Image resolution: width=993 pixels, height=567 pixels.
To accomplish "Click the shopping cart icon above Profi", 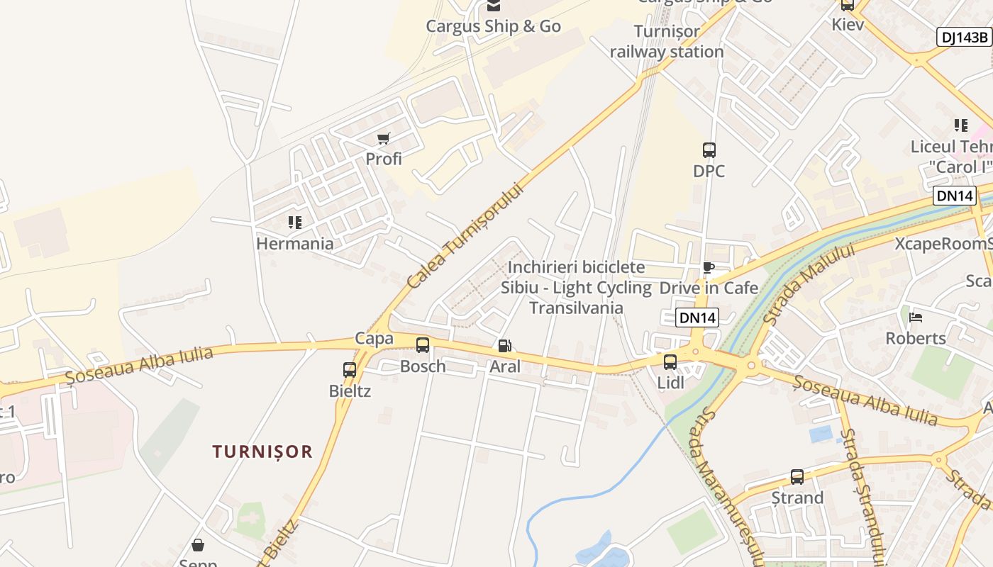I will coord(384,138).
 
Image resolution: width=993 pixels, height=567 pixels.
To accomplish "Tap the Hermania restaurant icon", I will coord(295,223).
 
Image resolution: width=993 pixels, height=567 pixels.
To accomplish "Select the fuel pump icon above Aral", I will coord(505,346).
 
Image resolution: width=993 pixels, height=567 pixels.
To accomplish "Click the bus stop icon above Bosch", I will coord(423,345).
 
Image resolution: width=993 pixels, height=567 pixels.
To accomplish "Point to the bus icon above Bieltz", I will coord(350,369).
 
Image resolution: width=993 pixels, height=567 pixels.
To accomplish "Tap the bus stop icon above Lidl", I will coord(670,362).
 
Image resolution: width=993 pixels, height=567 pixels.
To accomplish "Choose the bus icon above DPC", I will coord(709,150).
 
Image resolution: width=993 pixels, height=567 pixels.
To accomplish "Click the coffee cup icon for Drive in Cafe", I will coord(708,267).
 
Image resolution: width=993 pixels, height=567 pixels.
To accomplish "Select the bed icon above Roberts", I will coord(916,317).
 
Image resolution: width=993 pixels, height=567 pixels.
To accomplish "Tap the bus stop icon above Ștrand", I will coord(797,477).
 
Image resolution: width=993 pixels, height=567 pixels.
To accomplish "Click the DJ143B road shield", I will coord(964,38).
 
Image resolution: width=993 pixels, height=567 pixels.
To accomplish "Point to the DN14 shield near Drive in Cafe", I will coord(697,318).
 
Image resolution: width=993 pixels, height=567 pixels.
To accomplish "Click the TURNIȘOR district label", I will coord(262,451).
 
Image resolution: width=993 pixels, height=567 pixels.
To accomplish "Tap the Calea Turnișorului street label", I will coord(465,235).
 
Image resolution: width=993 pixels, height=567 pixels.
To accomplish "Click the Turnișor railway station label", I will coord(667,41).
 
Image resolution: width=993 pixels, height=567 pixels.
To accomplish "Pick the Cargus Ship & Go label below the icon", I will coord(493,26).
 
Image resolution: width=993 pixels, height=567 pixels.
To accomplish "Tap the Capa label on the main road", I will coord(374,338).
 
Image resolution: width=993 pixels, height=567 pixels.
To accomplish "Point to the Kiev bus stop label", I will coord(848,24).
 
